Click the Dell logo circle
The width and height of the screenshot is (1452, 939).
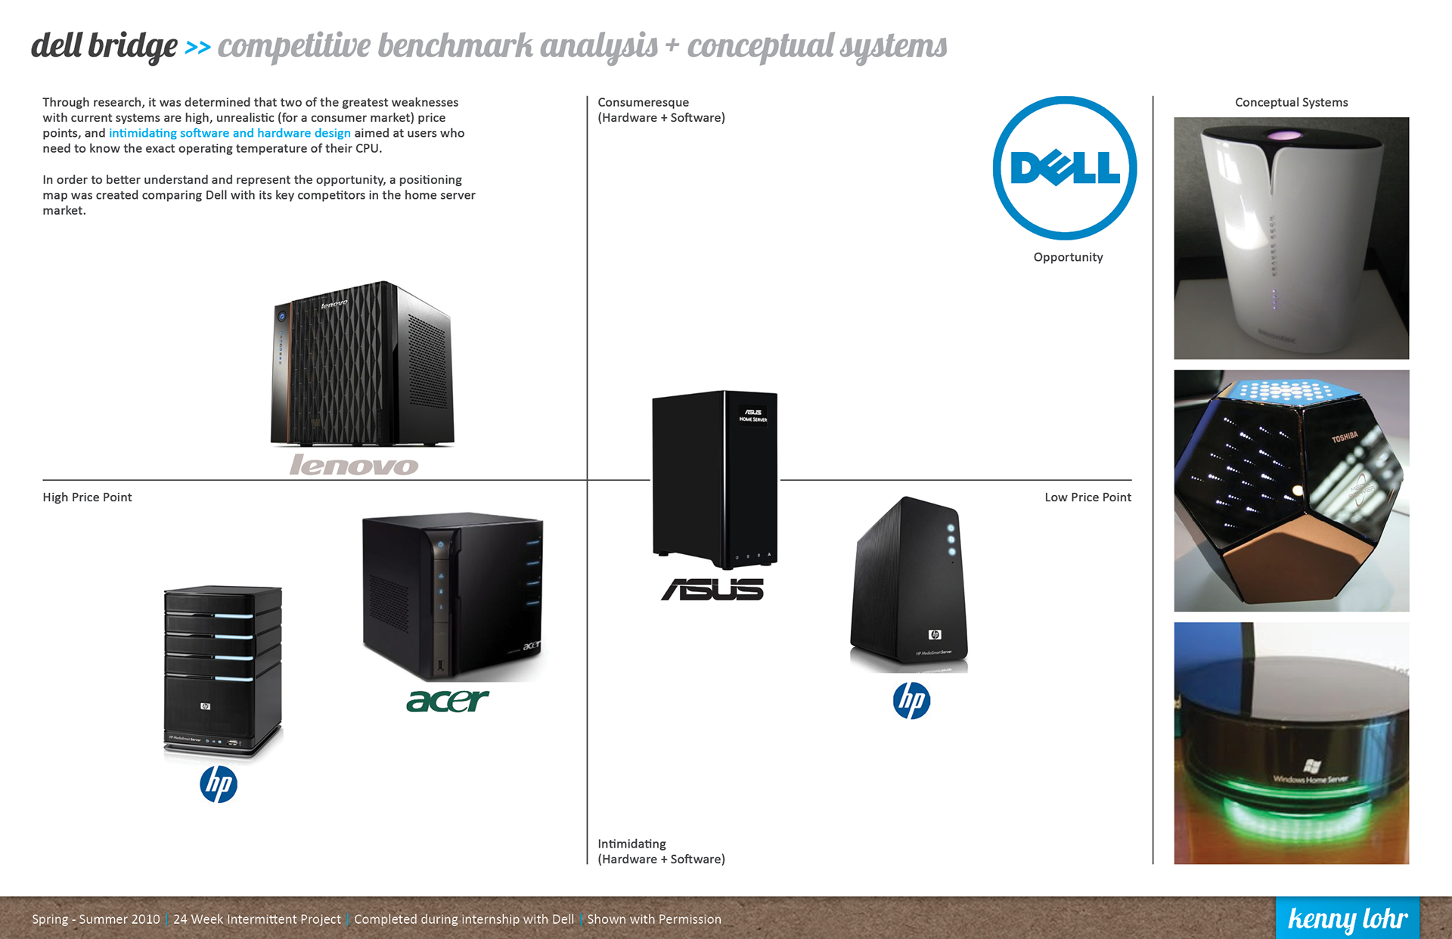tap(1065, 168)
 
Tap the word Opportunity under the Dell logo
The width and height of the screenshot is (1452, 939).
tap(1068, 257)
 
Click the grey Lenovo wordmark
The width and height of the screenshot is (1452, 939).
tap(354, 464)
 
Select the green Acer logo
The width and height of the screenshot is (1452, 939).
tap(448, 701)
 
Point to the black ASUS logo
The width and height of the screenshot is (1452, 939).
tap(712, 590)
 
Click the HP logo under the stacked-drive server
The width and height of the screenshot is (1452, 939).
tap(219, 784)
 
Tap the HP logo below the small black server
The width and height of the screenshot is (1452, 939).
tap(911, 700)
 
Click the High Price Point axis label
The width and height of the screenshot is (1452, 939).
tap(87, 497)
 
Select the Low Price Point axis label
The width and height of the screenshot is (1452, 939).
tap(1087, 497)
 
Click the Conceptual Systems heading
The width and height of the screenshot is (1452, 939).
tap(1291, 102)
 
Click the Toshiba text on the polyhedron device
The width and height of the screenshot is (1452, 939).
tap(1345, 437)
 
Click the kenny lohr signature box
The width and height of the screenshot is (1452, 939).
tap(1347, 918)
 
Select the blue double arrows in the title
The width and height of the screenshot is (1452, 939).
tap(197, 48)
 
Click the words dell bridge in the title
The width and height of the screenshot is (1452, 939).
tap(104, 46)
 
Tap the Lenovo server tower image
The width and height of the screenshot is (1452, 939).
tap(363, 364)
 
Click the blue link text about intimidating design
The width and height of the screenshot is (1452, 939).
tap(229, 133)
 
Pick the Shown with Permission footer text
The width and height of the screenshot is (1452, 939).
tap(654, 919)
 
